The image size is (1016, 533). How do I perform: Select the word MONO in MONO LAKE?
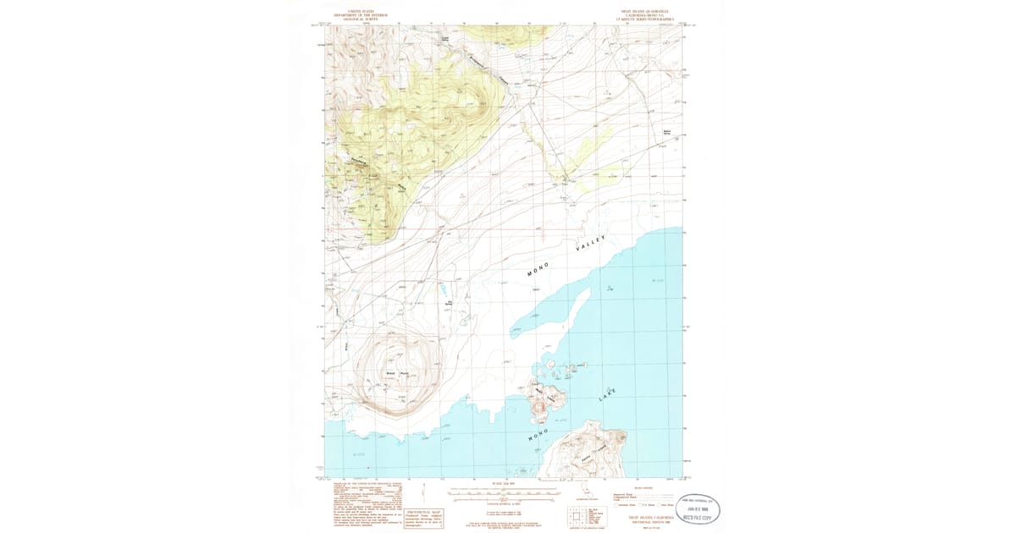pyautogui.click(x=540, y=435)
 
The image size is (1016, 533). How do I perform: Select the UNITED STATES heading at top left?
pyautogui.click(x=360, y=12)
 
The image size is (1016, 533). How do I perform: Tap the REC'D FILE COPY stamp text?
pyautogui.click(x=699, y=514)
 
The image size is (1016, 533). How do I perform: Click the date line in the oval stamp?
pyautogui.click(x=699, y=508)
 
